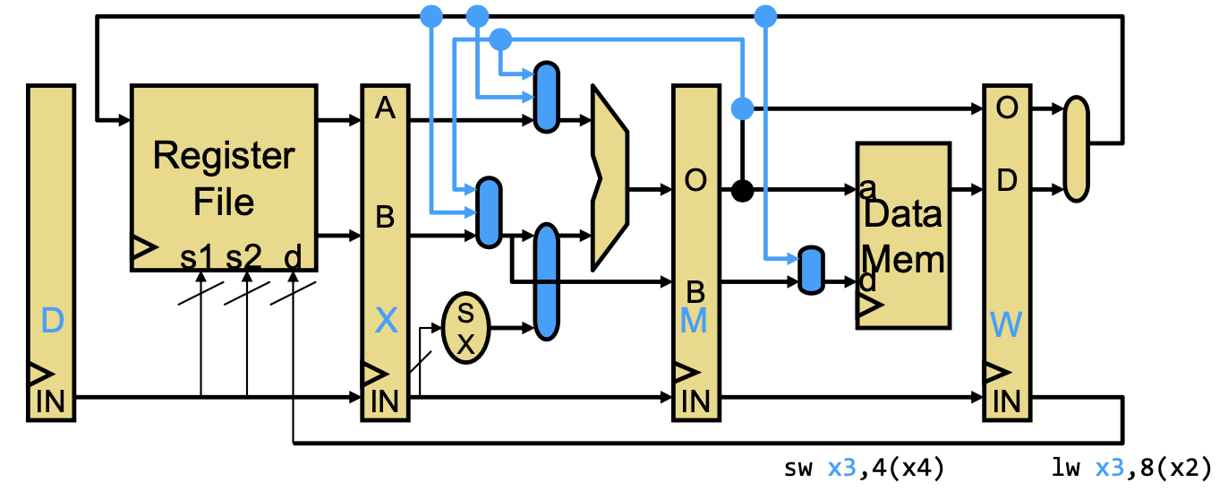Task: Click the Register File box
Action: click(224, 177)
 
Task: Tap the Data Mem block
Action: click(903, 236)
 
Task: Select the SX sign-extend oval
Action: click(465, 328)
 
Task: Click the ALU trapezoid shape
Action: click(610, 177)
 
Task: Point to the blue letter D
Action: click(53, 321)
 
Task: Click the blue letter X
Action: click(386, 321)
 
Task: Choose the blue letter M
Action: click(694, 321)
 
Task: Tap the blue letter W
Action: click(1006, 324)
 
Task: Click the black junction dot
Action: click(742, 191)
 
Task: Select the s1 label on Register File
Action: click(196, 257)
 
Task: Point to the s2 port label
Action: click(244, 257)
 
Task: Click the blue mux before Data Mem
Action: click(811, 270)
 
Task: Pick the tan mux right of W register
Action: click(1076, 150)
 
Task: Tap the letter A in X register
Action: click(385, 108)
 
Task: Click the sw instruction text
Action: click(864, 468)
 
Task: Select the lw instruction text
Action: click(1131, 468)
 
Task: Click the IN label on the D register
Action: click(50, 401)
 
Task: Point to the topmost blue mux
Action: click(547, 97)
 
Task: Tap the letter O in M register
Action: click(695, 180)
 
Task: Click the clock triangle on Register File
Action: click(143, 248)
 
